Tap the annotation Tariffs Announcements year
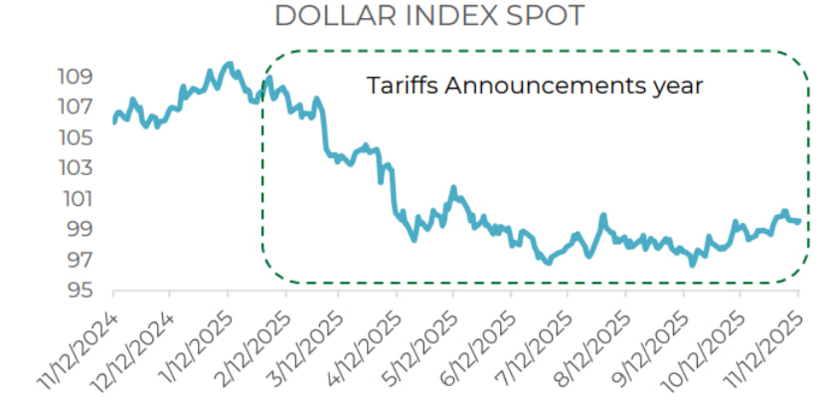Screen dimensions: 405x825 point(535,86)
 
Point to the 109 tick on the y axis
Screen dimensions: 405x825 point(81,77)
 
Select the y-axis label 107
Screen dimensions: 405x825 point(81,106)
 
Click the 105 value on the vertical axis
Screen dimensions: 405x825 point(81,137)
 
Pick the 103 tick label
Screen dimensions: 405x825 point(81,167)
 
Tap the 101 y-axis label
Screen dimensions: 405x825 point(81,198)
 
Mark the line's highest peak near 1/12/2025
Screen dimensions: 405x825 point(231,64)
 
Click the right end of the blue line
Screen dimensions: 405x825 point(799,221)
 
